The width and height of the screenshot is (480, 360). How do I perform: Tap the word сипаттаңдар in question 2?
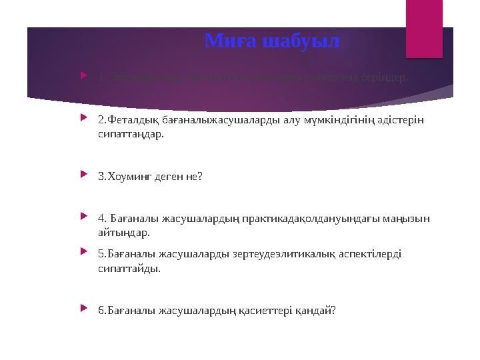(x=129, y=134)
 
